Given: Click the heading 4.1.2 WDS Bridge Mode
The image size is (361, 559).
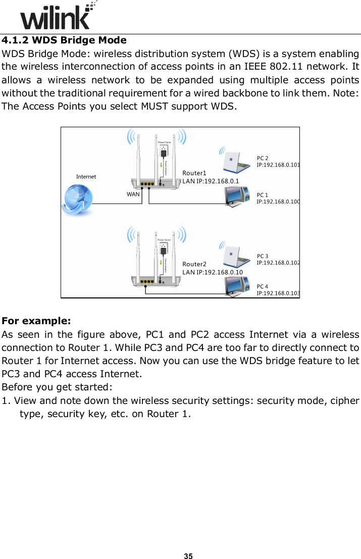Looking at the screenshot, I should (x=64, y=40).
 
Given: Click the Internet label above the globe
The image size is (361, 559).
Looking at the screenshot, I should (x=86, y=177).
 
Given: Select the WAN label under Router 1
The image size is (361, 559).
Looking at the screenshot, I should (x=133, y=194).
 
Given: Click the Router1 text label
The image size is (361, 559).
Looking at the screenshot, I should (x=194, y=173).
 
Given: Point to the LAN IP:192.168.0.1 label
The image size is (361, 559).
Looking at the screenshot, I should (x=211, y=180).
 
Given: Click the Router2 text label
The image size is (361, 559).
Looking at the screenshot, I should (x=194, y=264).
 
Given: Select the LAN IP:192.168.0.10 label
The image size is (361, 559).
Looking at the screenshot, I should (x=212, y=272).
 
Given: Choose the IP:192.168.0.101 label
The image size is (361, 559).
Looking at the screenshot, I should (x=278, y=165).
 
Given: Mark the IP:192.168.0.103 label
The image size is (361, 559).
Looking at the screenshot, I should (x=278, y=293).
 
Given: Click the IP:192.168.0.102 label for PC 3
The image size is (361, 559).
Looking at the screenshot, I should (x=278, y=263).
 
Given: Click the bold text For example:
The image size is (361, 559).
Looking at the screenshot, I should (x=36, y=321).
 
